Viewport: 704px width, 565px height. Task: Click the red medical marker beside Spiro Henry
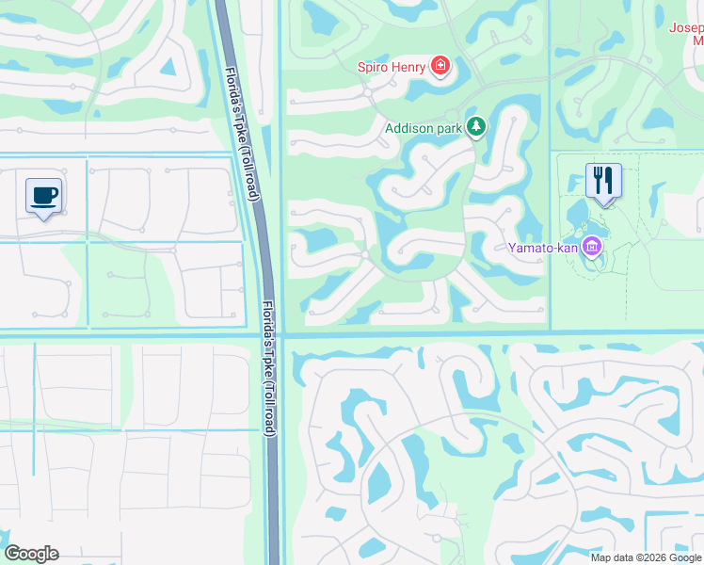(x=439, y=66)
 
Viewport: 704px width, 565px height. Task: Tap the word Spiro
(x=375, y=67)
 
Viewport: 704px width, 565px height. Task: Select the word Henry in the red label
(x=409, y=67)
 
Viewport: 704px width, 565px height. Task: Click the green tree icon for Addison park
(x=477, y=126)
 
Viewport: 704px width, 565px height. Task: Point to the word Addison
(x=410, y=127)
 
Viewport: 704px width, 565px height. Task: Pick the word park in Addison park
(x=452, y=127)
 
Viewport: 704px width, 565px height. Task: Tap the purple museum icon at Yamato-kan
(x=592, y=248)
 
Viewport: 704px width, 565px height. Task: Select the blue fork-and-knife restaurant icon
(x=602, y=180)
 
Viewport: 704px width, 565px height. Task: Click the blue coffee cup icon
(x=43, y=195)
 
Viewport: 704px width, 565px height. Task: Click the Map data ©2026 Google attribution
(x=645, y=557)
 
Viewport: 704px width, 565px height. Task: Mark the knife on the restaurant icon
(x=608, y=178)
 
